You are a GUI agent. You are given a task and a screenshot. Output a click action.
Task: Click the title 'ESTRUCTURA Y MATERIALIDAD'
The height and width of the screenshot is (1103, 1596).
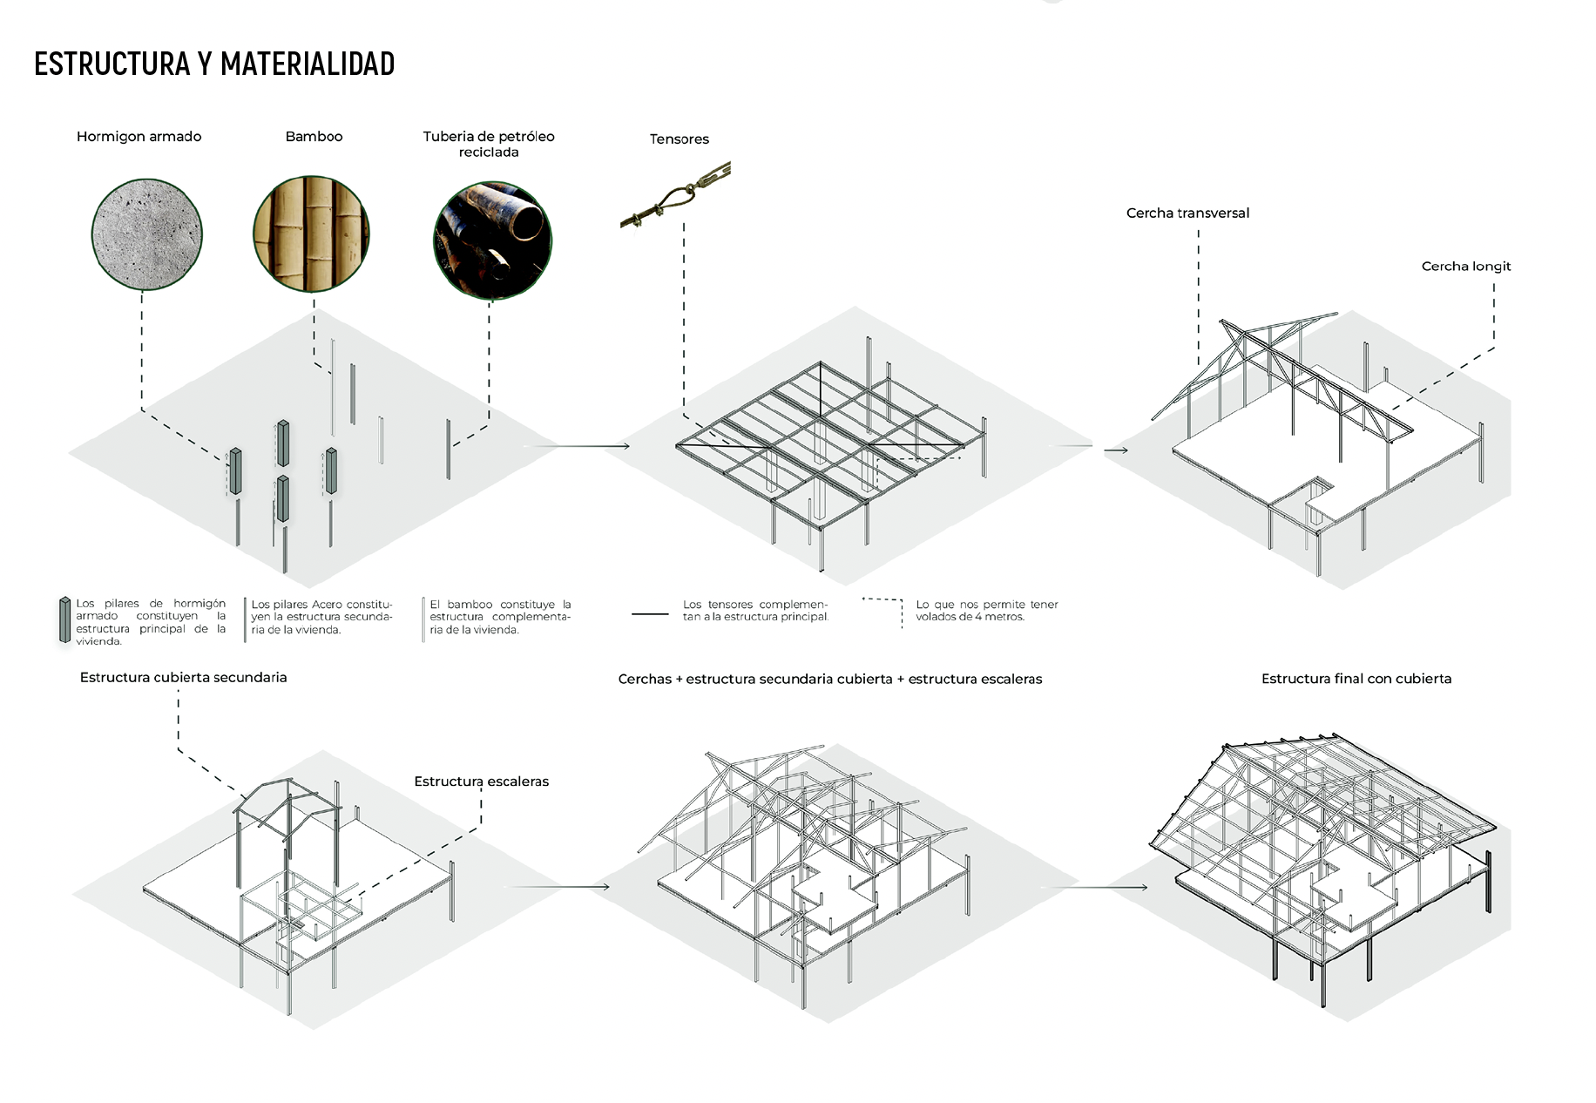214,64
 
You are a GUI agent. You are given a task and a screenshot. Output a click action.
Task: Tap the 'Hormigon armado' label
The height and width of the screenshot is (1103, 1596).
139,137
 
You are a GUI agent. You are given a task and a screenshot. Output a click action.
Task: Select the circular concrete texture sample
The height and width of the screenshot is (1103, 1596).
146,233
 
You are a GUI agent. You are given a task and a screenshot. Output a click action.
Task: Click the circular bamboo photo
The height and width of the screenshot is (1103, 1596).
311,233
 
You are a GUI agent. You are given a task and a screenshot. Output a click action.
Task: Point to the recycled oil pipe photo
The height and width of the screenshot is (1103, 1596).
492,240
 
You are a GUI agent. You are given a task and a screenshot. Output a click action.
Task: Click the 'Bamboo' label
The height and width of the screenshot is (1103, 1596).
314,137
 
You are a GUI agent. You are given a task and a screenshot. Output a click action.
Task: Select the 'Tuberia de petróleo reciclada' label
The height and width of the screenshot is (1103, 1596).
489,144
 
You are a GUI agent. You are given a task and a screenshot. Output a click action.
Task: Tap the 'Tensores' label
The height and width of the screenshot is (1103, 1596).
679,139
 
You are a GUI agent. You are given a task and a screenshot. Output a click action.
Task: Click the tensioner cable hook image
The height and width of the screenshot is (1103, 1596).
675,196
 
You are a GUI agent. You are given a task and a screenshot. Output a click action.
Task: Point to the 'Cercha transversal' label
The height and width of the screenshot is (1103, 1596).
1187,213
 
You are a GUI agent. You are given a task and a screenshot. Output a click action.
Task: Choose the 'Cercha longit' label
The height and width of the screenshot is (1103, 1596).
1465,267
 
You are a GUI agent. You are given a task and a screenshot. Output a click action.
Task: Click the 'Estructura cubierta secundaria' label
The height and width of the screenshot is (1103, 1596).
183,678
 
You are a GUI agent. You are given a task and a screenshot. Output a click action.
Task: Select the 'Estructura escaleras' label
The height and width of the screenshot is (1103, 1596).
481,782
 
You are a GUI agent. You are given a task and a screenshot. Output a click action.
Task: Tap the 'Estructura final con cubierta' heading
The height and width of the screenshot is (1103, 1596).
1356,679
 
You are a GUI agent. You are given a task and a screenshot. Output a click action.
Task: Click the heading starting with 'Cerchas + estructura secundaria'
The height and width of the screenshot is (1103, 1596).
829,680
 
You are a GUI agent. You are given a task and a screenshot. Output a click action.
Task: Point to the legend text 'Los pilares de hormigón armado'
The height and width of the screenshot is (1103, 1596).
150,622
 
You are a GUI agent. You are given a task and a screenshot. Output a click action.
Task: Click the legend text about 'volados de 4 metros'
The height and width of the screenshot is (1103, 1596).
986,611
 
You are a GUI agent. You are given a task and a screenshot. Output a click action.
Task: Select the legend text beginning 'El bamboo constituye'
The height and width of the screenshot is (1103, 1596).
499,617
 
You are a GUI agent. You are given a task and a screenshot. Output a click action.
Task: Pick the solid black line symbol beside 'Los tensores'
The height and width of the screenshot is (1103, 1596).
649,614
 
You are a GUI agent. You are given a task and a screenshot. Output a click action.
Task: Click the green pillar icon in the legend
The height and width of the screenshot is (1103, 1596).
64,620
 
